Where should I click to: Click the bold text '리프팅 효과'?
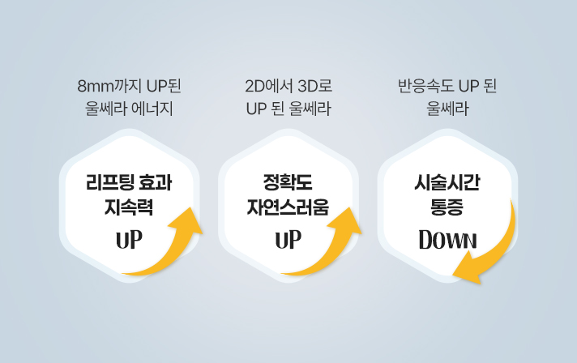click(130, 181)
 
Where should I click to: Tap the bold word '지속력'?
click(130, 206)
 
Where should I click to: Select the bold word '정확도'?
click(288, 181)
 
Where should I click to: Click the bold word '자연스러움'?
click(288, 206)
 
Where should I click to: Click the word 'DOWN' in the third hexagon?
click(447, 241)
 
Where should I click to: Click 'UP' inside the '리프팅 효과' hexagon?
click(129, 241)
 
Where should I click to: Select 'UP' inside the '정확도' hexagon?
click(288, 241)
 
